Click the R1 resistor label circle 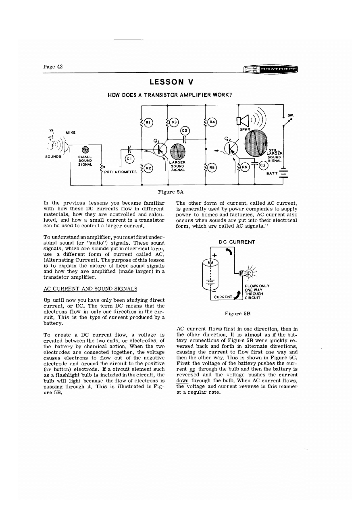(148, 123)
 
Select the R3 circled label (174, 123)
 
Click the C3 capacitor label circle (263, 165)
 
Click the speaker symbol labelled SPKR (241, 121)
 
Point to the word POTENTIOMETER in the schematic (120, 172)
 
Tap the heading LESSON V (172, 82)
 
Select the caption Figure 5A (172, 192)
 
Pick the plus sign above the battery (214, 255)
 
